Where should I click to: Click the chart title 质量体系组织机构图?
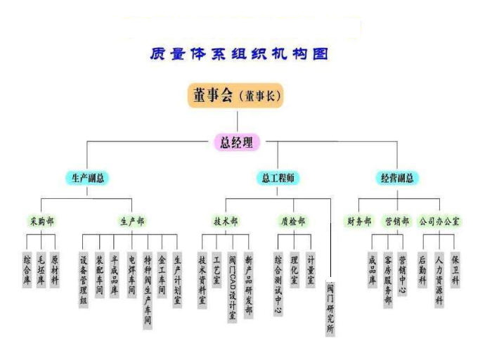coord(239,53)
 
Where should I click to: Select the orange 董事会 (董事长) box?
coord(235,96)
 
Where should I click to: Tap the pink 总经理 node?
coord(236,142)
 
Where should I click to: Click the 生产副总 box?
coord(88,178)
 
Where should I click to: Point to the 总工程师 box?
coord(278,178)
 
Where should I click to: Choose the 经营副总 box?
coord(396,178)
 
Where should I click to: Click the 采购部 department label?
coord(41,221)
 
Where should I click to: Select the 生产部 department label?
coord(132,221)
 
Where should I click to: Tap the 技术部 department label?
coord(226,221)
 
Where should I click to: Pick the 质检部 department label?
coord(293,221)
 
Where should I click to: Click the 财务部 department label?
coord(359,221)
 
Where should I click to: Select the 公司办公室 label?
coord(439,221)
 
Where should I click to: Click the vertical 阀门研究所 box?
coord(330,308)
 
